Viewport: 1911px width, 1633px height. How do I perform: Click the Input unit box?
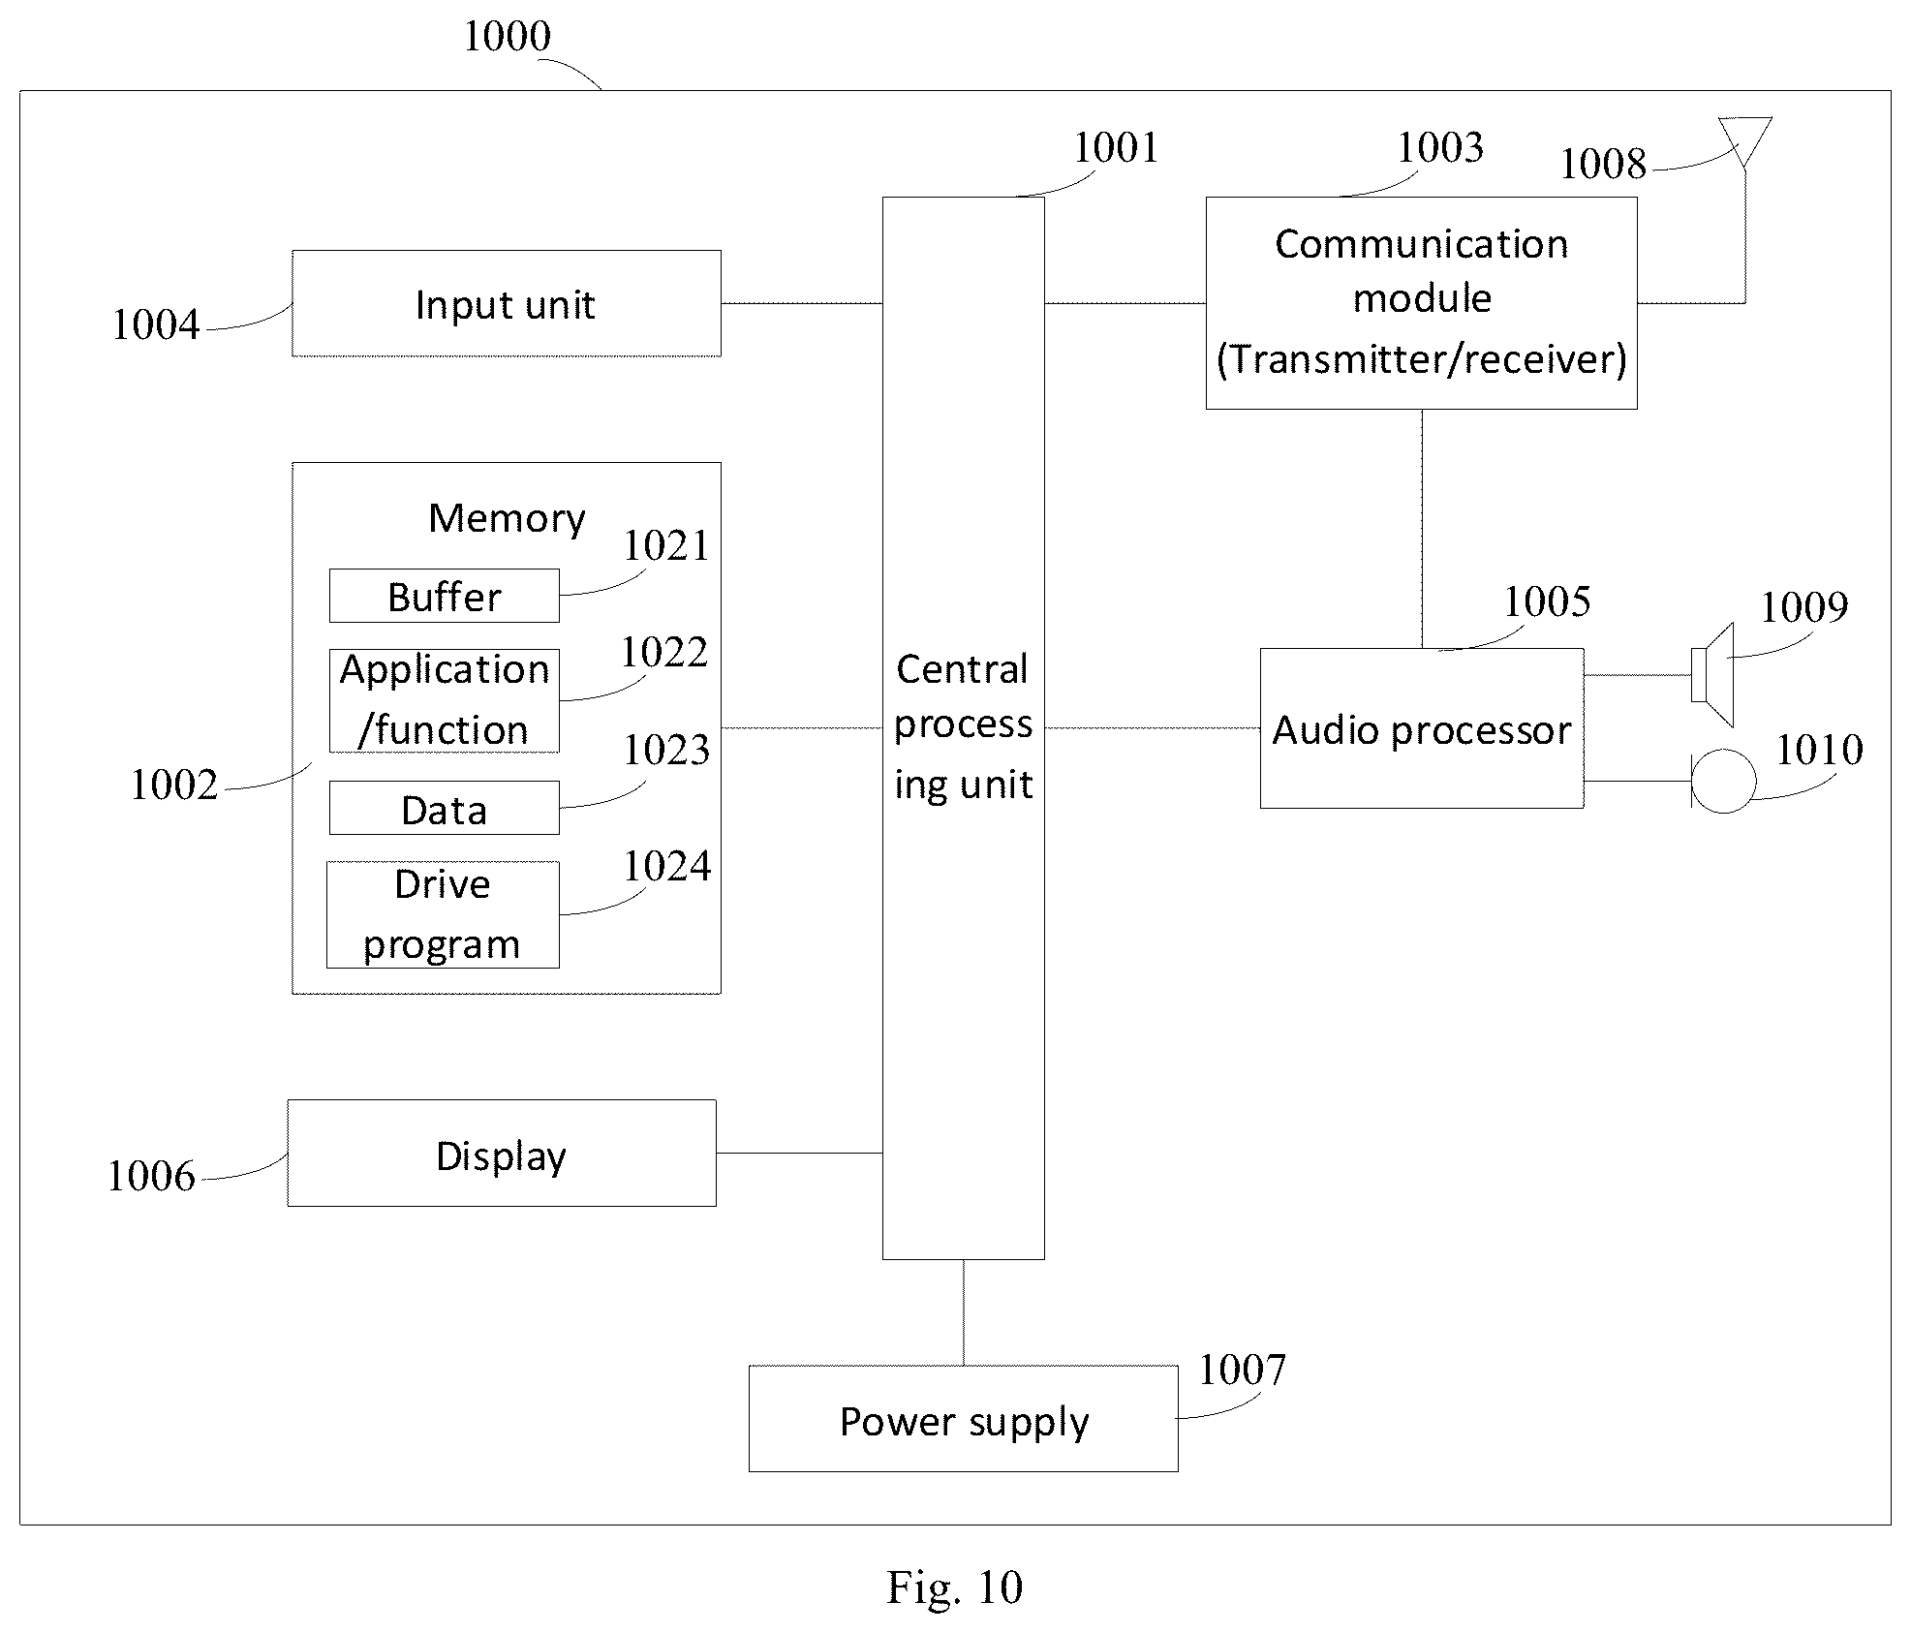(x=507, y=303)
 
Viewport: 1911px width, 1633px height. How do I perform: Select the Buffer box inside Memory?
(x=445, y=596)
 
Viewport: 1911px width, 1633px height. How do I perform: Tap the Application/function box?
(x=445, y=701)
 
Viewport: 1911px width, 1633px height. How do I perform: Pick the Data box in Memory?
(x=445, y=808)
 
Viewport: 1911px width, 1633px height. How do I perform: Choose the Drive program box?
(x=443, y=914)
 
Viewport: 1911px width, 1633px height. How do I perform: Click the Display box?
(x=502, y=1153)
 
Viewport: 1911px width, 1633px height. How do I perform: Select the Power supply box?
(x=964, y=1419)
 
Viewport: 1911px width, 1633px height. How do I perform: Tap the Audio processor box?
(x=1422, y=728)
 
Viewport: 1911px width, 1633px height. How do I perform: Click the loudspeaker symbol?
(x=1712, y=675)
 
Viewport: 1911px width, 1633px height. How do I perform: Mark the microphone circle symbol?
(x=1724, y=781)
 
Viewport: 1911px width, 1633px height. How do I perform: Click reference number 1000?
(x=508, y=37)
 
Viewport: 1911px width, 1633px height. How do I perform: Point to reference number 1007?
(x=1243, y=1370)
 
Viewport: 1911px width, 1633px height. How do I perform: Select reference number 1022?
(x=664, y=653)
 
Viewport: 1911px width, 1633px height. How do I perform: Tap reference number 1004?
(x=156, y=324)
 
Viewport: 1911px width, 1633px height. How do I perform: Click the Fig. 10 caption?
(x=955, y=1587)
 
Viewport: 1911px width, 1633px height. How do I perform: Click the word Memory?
(x=507, y=518)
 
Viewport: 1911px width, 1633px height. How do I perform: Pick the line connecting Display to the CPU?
(x=800, y=1153)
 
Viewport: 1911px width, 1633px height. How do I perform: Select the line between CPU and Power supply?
(x=964, y=1312)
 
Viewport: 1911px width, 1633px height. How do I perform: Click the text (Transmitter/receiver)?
(x=1422, y=359)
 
